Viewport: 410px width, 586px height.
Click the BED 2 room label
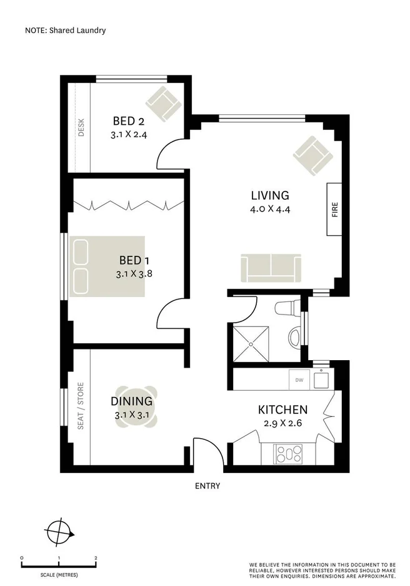click(x=129, y=121)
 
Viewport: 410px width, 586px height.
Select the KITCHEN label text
click(x=282, y=410)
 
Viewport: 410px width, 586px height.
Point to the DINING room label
click(x=131, y=401)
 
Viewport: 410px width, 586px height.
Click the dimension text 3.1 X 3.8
click(x=134, y=273)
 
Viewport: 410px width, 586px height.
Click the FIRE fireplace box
click(x=334, y=209)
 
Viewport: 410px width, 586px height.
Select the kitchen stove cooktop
click(x=289, y=451)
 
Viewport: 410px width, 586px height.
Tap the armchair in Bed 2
click(x=162, y=102)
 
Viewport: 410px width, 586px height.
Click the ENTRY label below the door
click(x=207, y=486)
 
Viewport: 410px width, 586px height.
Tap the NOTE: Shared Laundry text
click(x=66, y=29)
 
